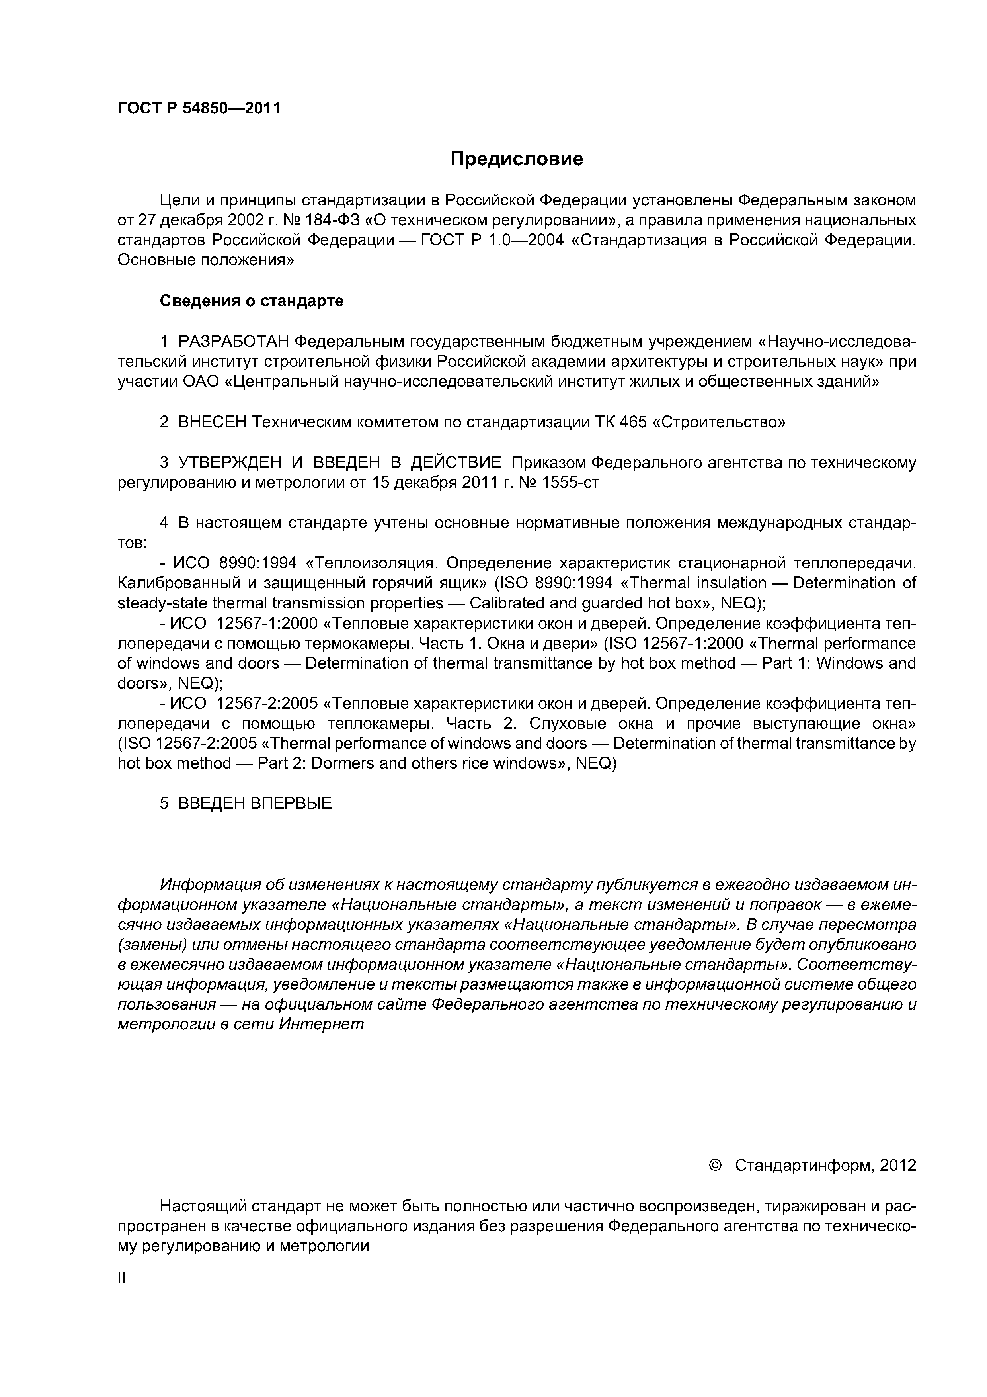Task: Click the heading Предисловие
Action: coord(516,159)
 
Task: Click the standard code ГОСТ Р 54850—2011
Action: coord(199,109)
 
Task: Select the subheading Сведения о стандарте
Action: coord(251,301)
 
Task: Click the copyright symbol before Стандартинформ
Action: coord(715,1165)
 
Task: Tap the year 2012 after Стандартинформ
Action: coord(897,1165)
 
